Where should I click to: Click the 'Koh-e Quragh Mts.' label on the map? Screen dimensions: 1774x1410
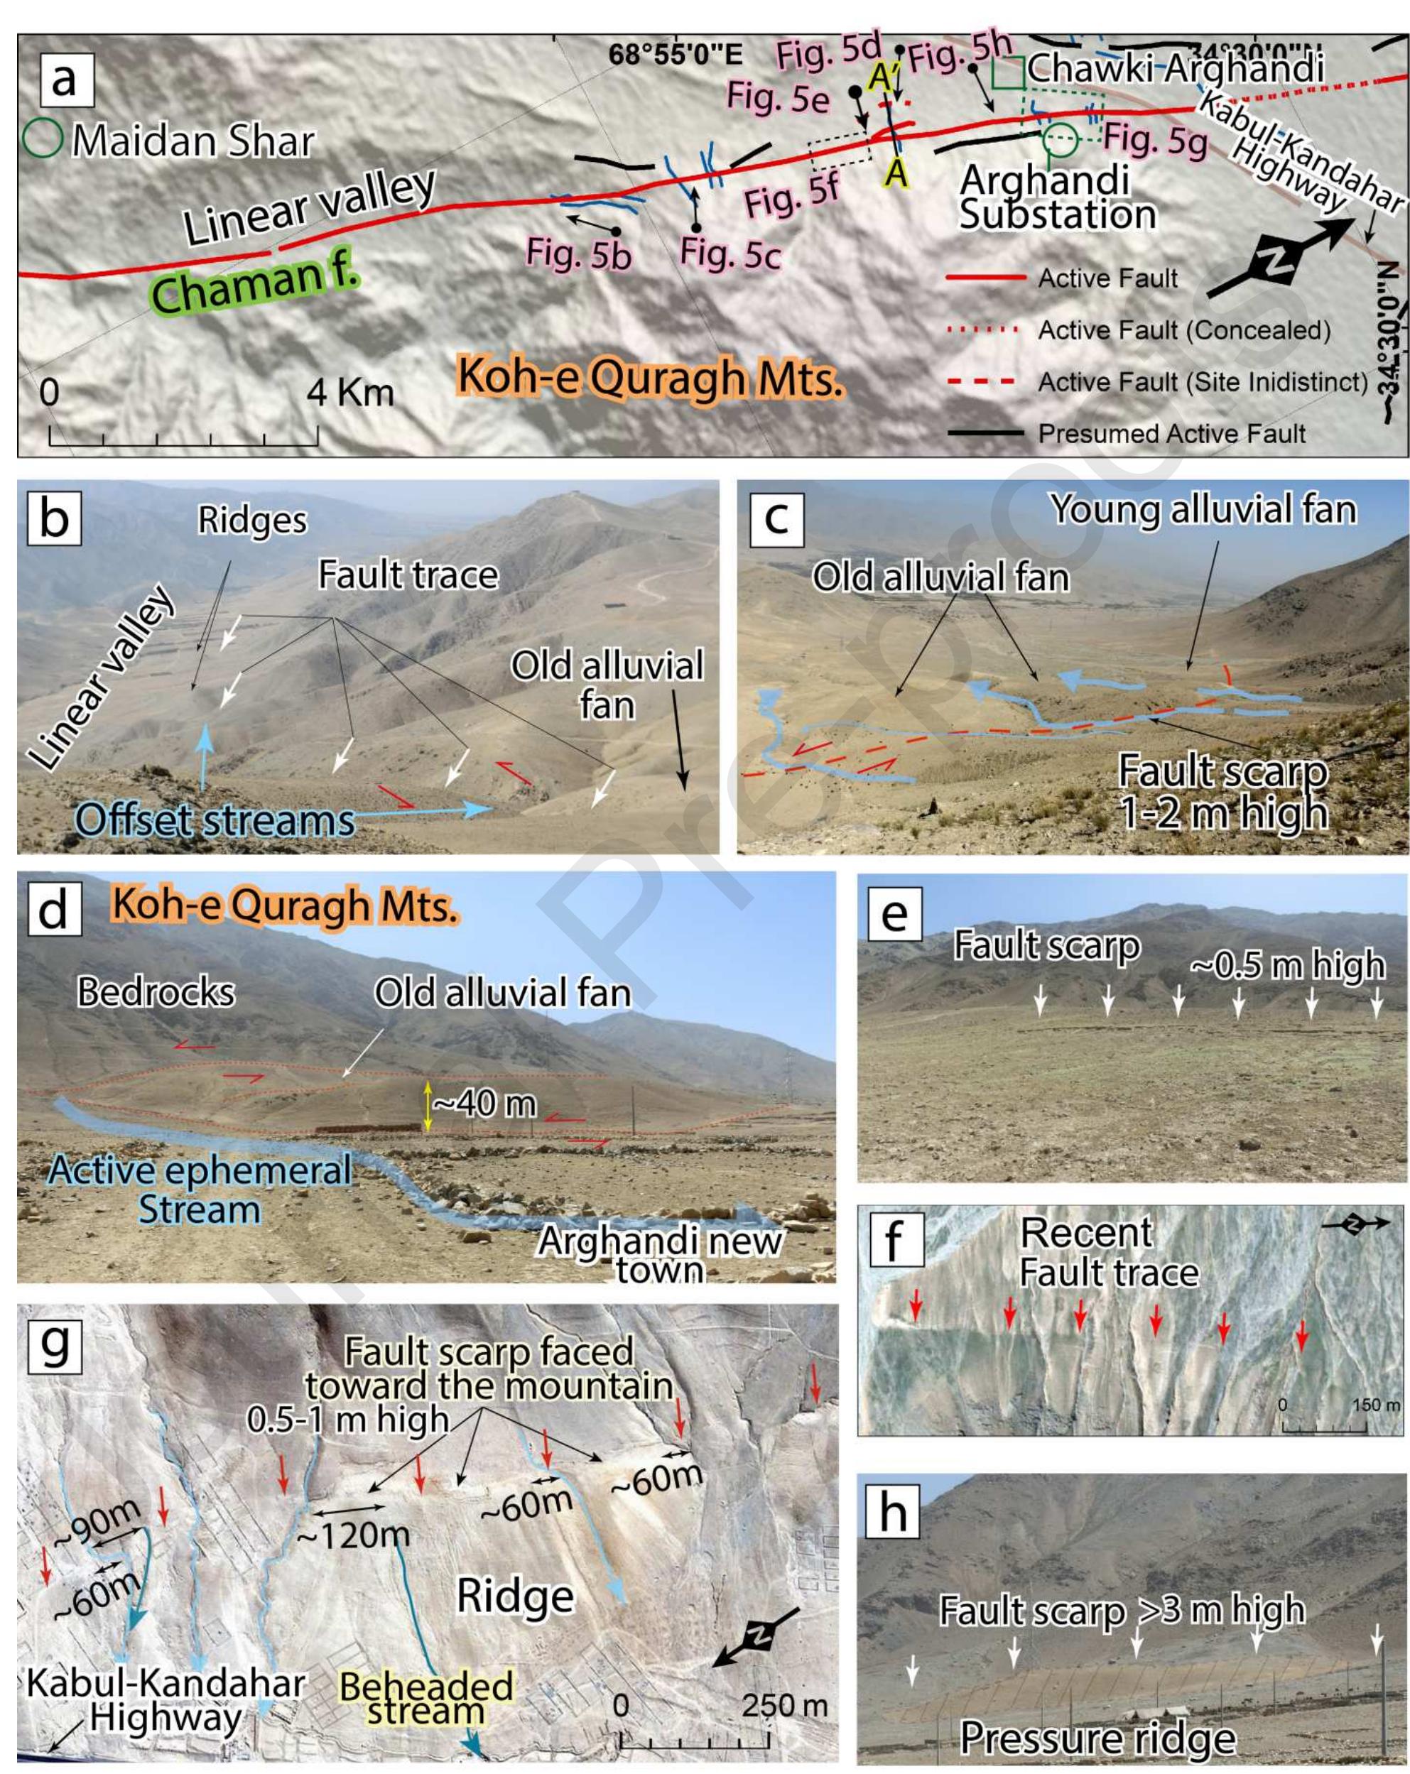point(650,379)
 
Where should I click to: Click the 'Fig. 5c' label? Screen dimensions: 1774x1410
point(730,253)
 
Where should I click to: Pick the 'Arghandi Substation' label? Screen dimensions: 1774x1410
point(1058,198)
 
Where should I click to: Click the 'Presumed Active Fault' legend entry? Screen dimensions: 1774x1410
point(1171,434)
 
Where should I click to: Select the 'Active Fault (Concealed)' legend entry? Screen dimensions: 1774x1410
point(1183,330)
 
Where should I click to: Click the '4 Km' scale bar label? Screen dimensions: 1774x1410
point(349,393)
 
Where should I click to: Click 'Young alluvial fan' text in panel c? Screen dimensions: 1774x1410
point(1203,509)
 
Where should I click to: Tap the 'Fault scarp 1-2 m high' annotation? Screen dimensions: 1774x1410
point(1222,792)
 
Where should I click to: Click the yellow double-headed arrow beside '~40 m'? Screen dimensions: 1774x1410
point(427,1106)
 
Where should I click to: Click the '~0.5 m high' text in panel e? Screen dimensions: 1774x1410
point(1287,964)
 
